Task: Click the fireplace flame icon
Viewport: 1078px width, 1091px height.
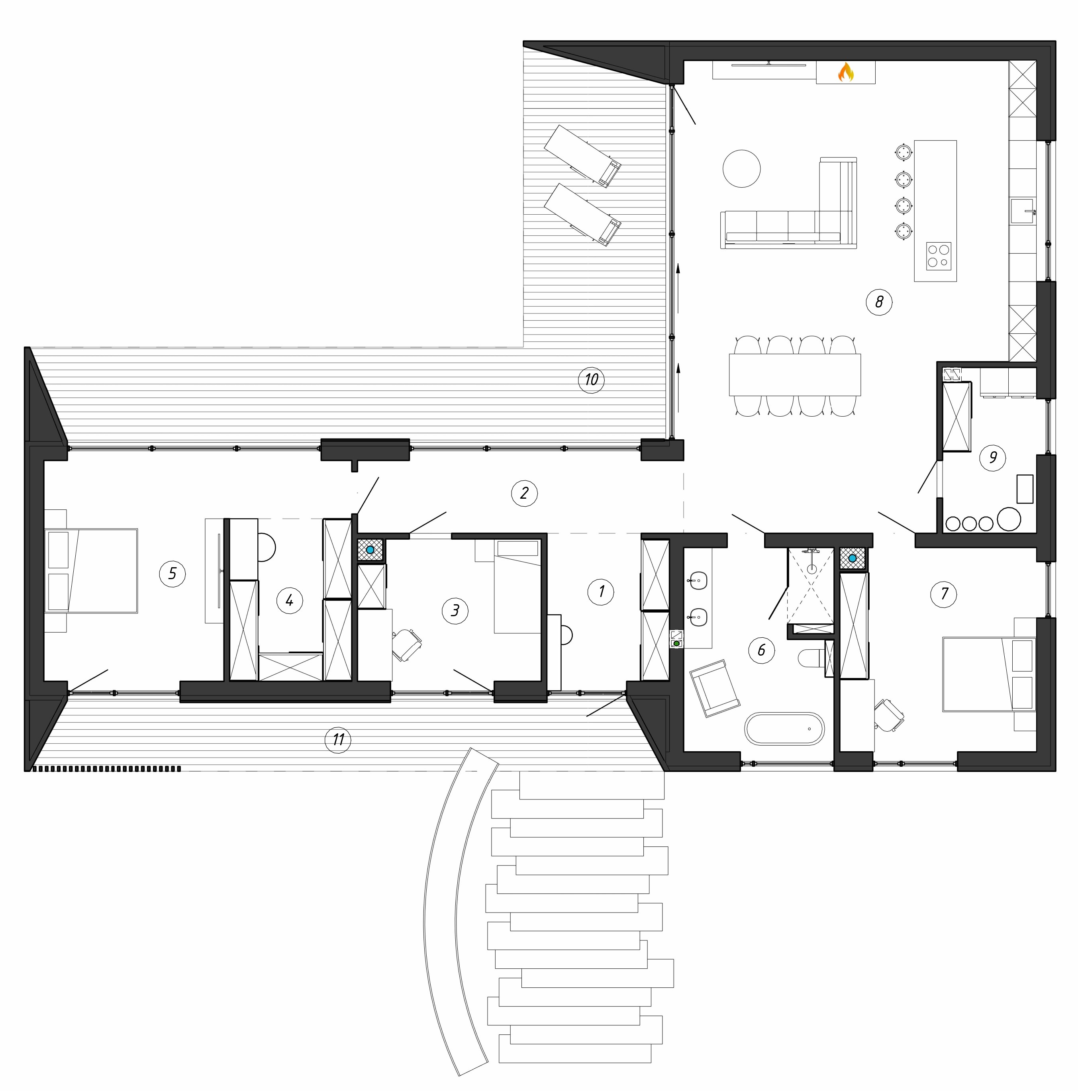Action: click(845, 72)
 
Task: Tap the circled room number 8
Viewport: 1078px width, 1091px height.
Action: click(879, 302)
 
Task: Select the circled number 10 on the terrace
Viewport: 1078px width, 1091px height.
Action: click(591, 380)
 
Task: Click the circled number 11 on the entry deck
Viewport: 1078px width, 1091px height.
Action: click(338, 740)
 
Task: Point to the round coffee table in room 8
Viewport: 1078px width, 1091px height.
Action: click(741, 168)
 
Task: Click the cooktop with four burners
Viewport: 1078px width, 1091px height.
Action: click(939, 256)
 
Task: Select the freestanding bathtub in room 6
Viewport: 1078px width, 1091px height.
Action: click(784, 729)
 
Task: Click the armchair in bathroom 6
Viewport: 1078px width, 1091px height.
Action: click(714, 688)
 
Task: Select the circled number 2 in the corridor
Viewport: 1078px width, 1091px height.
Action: click(524, 493)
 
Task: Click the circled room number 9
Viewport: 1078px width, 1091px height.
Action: click(993, 457)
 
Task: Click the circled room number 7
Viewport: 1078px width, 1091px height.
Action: click(944, 593)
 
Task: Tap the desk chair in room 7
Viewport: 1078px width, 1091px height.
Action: click(890, 715)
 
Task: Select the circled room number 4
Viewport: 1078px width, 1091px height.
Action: click(289, 600)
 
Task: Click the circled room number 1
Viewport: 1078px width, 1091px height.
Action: click(601, 592)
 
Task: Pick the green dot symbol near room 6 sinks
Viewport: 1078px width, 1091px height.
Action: click(676, 643)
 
